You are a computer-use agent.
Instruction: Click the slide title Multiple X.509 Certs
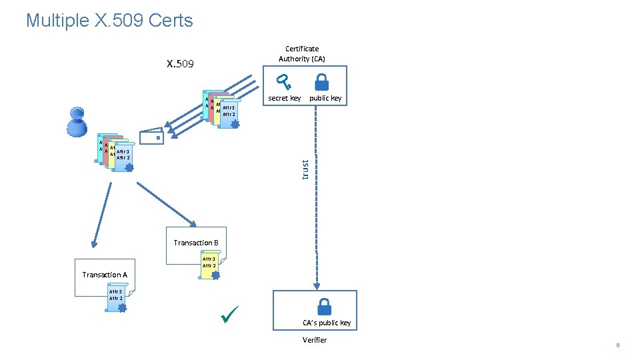point(109,21)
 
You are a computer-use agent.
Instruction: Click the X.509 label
point(180,64)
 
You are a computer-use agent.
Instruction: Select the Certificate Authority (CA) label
point(302,53)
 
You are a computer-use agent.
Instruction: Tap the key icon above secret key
point(285,83)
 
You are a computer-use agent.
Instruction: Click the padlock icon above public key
point(321,82)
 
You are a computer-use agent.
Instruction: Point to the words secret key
point(284,99)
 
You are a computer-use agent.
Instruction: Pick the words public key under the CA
point(325,99)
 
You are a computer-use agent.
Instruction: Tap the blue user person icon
point(75,123)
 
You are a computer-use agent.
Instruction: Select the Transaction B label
point(196,243)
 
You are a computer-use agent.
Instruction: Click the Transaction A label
point(105,275)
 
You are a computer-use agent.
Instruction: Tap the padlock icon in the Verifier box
point(324,306)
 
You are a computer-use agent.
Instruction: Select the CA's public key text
point(327,323)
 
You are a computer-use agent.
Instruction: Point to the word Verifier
point(315,340)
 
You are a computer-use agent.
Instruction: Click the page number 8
point(618,345)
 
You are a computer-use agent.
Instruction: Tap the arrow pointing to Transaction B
point(167,203)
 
